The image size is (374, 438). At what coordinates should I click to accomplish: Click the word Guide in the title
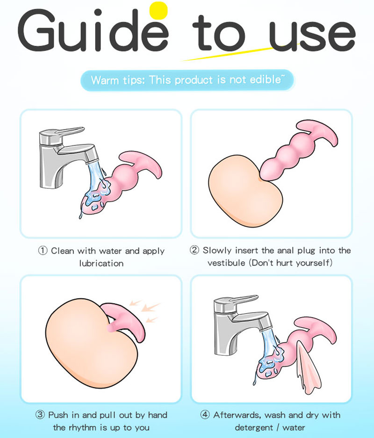click(93, 31)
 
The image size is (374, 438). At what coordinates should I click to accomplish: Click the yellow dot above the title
click(158, 11)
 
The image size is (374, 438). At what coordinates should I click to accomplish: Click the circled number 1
click(43, 251)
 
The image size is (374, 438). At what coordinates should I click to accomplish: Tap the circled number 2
click(194, 250)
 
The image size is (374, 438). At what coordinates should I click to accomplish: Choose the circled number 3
click(40, 415)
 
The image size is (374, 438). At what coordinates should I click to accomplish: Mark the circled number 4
click(205, 415)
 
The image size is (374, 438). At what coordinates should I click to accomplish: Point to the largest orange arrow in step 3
click(151, 307)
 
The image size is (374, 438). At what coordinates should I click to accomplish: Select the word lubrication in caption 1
click(101, 263)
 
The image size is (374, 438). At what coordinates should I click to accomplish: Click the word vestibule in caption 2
click(226, 263)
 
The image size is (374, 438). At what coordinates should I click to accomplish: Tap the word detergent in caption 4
click(254, 428)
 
